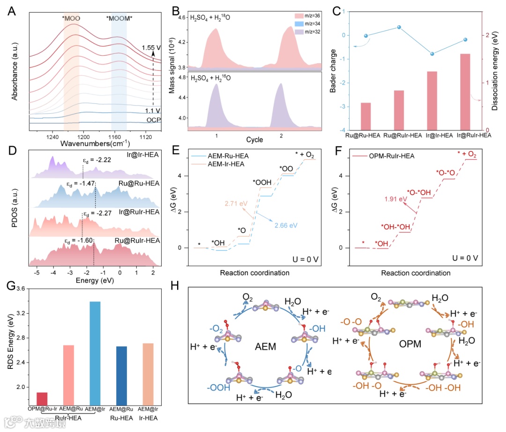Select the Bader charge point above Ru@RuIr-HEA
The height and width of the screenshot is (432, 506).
coord(399,27)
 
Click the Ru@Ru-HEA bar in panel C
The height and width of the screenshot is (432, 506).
coord(366,116)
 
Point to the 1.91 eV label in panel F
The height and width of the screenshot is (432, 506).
coord(393,198)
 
